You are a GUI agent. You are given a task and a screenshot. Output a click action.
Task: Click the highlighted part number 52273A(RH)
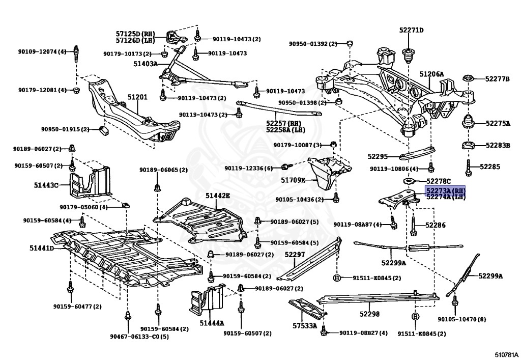tap(446, 191)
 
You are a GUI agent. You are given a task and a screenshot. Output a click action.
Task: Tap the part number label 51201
tap(137, 97)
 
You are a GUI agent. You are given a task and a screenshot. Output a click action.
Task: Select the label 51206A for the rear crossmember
tap(431, 74)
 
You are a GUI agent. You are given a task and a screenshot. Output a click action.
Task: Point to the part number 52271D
tap(411, 30)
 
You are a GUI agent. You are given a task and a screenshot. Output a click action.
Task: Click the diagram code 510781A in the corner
tap(506, 355)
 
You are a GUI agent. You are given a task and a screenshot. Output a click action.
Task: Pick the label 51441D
tap(42, 248)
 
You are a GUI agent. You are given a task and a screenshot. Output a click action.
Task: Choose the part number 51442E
tap(217, 196)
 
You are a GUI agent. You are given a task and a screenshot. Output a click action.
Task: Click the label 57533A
tap(305, 326)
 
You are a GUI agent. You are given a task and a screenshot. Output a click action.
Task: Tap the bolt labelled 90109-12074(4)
tap(76, 54)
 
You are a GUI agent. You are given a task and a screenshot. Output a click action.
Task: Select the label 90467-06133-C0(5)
tap(139, 337)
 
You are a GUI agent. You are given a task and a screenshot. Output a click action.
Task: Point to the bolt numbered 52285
tap(469, 167)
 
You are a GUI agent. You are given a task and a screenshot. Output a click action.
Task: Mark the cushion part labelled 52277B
tap(468, 79)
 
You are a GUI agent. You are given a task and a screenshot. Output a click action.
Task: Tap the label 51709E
tap(293, 180)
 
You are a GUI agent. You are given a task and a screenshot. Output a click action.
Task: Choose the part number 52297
tap(295, 254)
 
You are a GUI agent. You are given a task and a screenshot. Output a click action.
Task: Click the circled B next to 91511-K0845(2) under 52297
tap(337, 278)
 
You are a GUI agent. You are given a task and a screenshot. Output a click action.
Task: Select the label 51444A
tap(212, 322)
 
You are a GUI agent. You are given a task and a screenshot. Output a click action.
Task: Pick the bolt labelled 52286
tap(414, 227)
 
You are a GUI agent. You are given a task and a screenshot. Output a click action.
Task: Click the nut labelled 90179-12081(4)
tap(76, 90)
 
